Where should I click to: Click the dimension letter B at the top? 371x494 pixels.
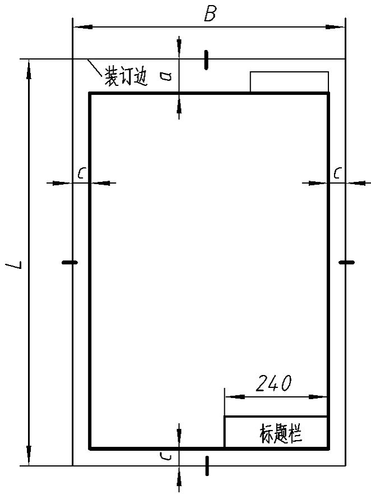point(210,14)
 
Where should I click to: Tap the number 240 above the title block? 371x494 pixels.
point(273,383)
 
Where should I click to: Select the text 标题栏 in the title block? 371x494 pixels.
point(281,433)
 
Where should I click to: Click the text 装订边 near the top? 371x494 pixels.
point(126,76)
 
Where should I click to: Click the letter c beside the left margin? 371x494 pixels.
point(82,173)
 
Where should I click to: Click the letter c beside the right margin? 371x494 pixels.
point(338,173)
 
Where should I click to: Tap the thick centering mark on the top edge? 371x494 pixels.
point(206,60)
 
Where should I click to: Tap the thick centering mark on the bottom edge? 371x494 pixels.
point(207,465)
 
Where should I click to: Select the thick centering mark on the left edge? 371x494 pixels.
point(70,262)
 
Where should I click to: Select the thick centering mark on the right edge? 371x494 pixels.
point(347,262)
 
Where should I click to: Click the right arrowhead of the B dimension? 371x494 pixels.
point(335,27)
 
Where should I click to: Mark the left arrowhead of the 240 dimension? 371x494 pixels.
point(235,397)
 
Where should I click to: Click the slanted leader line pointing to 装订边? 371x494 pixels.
point(95,68)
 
